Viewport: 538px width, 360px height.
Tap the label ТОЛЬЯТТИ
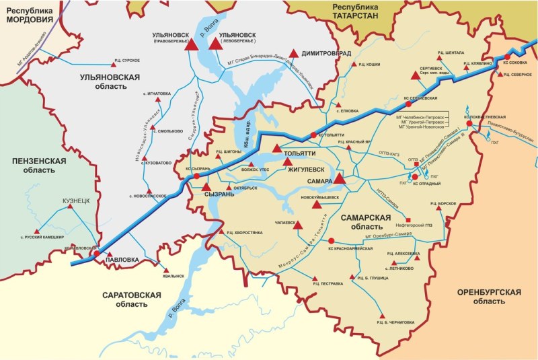pyautogui.click(x=299, y=153)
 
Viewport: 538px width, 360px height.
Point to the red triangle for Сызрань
pyautogui.click(x=207, y=187)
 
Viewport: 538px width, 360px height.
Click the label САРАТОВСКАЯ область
pyautogui.click(x=132, y=299)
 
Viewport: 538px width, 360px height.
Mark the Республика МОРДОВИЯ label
pyautogui.click(x=30, y=14)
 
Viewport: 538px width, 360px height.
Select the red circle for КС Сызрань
pyautogui.click(x=196, y=176)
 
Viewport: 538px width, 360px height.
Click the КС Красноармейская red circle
pyautogui.click(x=331, y=240)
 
